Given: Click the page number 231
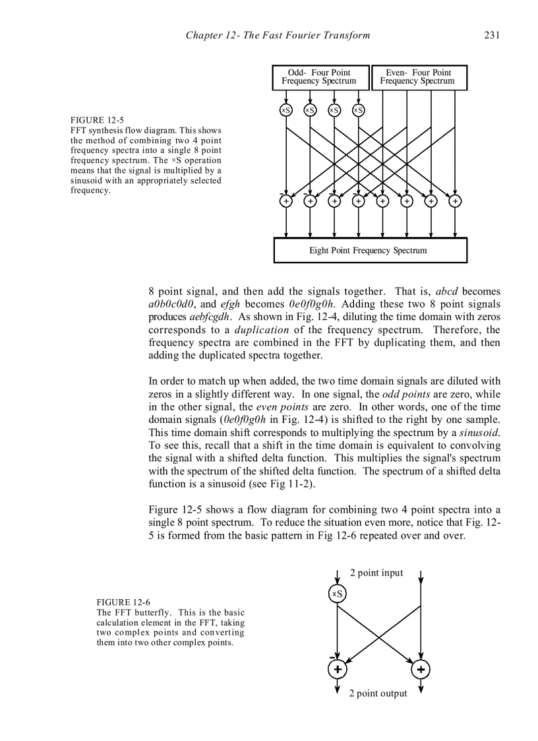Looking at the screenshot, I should (x=492, y=36).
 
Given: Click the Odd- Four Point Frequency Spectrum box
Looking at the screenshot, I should (x=319, y=77).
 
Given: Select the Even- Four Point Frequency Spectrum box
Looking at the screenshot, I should (x=418, y=77).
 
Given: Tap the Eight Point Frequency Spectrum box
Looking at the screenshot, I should (x=369, y=251).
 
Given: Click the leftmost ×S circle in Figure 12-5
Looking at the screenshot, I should (x=286, y=110).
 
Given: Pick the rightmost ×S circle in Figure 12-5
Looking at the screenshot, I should (x=358, y=110).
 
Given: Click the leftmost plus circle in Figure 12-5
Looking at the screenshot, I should (x=286, y=201).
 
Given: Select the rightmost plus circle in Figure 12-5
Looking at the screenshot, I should (x=455, y=201).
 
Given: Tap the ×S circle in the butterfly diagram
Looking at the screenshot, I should (x=337, y=594).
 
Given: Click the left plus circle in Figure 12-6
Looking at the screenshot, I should (x=337, y=670).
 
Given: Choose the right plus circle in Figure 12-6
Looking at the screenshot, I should (x=421, y=670).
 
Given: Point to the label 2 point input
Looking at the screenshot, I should (x=376, y=573).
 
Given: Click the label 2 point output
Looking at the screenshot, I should (x=378, y=693).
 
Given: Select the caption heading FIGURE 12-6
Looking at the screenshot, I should (x=123, y=602).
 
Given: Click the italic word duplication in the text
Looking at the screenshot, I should (x=262, y=330).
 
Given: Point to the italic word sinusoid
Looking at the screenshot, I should (x=479, y=433).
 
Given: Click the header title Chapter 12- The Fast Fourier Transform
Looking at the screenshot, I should (x=278, y=36).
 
